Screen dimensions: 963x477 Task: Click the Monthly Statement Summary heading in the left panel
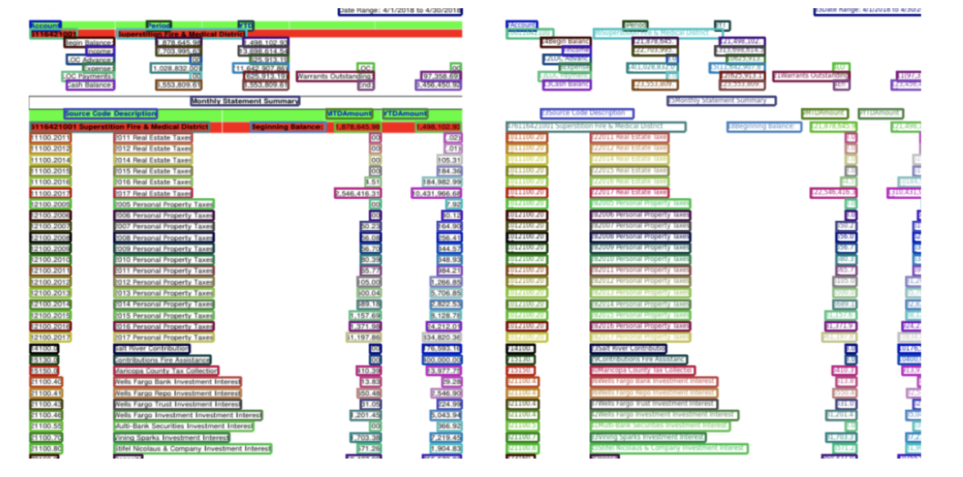(245, 101)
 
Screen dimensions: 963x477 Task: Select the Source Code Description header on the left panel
(110, 114)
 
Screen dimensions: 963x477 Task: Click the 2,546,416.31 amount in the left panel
(358, 193)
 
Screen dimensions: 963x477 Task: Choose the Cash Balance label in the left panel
(89, 84)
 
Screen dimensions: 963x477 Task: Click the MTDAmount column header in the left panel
(349, 114)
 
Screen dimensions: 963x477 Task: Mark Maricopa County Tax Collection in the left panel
(166, 371)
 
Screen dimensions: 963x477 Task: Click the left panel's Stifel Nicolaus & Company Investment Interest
(192, 448)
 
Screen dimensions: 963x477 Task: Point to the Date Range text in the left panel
(400, 11)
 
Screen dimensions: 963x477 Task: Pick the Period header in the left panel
(159, 25)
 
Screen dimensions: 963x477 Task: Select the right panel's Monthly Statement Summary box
(721, 101)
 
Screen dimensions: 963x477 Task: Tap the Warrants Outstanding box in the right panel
(811, 76)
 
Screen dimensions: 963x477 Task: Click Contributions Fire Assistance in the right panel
(639, 359)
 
